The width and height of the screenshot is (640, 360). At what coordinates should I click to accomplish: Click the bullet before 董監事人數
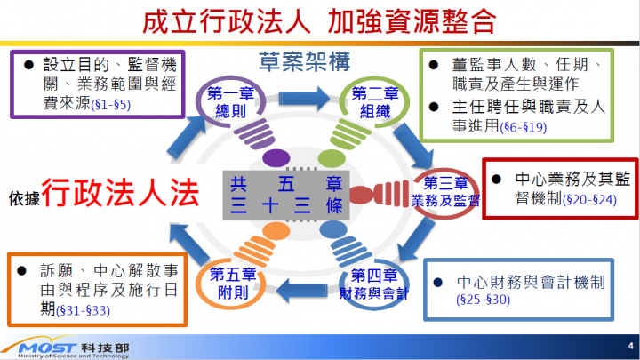433,66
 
